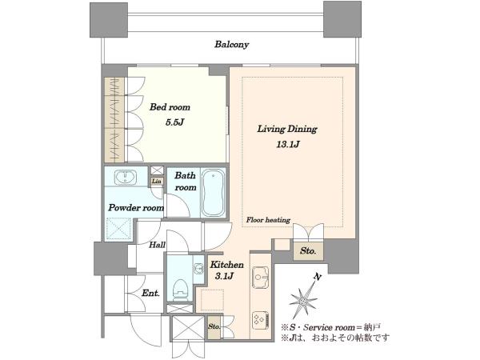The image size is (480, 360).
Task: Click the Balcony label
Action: (x=231, y=44)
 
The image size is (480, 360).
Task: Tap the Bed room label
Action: (x=170, y=107)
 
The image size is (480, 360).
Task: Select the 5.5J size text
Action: (x=174, y=122)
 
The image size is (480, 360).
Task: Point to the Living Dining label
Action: (x=287, y=129)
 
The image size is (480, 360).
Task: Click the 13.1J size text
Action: (x=288, y=144)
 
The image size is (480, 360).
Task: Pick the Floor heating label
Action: (x=268, y=220)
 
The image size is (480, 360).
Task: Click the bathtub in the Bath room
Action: (x=214, y=193)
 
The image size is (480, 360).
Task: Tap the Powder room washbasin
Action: (x=126, y=178)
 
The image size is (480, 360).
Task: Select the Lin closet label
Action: (x=157, y=182)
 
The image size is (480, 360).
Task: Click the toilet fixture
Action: (x=180, y=290)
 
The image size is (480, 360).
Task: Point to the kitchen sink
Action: (x=260, y=278)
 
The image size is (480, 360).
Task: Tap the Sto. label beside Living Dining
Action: (x=308, y=251)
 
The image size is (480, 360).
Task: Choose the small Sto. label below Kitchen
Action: (x=214, y=326)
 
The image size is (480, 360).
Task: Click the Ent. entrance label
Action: (x=150, y=294)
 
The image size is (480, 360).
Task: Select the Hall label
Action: (x=158, y=245)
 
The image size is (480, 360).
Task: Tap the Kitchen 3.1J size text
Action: (x=224, y=277)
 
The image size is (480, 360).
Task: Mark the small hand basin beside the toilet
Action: (x=198, y=269)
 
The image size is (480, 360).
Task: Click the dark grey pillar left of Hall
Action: (x=111, y=258)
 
